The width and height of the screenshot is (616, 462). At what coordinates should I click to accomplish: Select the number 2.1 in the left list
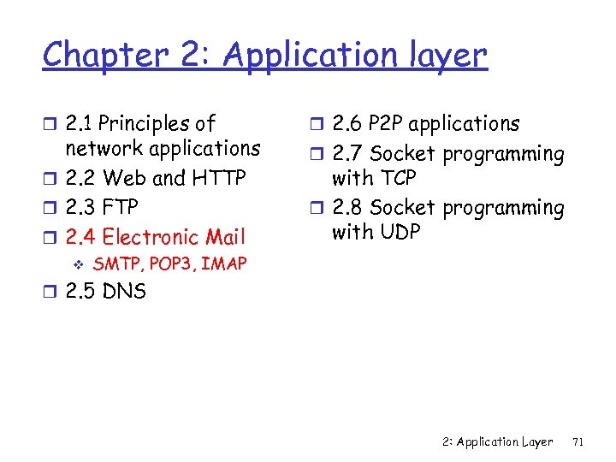(x=81, y=124)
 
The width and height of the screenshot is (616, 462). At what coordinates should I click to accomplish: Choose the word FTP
(x=120, y=208)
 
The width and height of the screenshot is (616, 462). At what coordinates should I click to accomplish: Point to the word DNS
(x=125, y=292)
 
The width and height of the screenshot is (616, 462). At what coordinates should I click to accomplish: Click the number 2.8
(x=347, y=208)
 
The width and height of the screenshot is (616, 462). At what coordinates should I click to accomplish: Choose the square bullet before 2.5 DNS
(x=50, y=293)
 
